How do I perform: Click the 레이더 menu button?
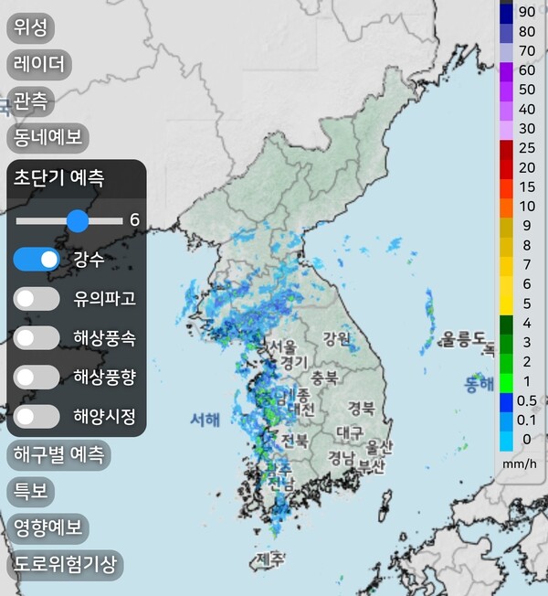[39, 64]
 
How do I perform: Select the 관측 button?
[30, 100]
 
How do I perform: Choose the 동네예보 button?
[47, 137]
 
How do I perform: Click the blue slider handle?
[78, 220]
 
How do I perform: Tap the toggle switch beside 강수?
[37, 260]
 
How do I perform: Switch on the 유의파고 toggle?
[37, 299]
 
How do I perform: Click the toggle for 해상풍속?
[37, 337]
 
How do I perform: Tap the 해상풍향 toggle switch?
[37, 377]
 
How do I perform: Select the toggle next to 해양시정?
[37, 417]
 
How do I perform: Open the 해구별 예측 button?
[58, 453]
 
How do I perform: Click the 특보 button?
[30, 491]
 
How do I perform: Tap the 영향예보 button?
[47, 527]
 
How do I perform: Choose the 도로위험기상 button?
[64, 564]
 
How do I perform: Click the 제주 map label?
[270, 558]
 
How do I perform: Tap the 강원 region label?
[336, 339]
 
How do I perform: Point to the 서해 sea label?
[205, 420]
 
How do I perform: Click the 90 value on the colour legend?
[526, 12]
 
